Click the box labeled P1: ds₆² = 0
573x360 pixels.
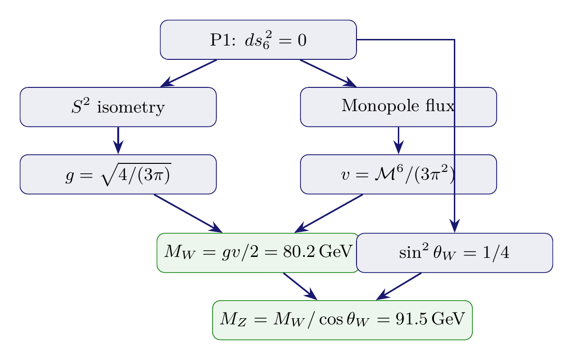[x=258, y=40]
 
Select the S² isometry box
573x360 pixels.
[x=118, y=107]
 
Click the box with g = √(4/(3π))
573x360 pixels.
[x=118, y=174]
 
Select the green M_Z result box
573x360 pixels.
[x=342, y=320]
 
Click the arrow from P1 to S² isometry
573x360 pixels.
[x=189, y=73]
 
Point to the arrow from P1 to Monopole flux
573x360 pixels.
[x=328, y=73]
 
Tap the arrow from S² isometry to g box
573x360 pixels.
[x=118, y=140]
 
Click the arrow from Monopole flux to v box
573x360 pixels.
[x=398, y=140]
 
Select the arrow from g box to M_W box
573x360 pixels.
[x=188, y=213]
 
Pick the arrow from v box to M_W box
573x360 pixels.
[x=329, y=213]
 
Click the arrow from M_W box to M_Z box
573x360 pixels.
[x=300, y=286]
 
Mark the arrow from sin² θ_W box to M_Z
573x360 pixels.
[x=399, y=286]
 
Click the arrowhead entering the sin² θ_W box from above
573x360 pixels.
[x=455, y=227]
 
